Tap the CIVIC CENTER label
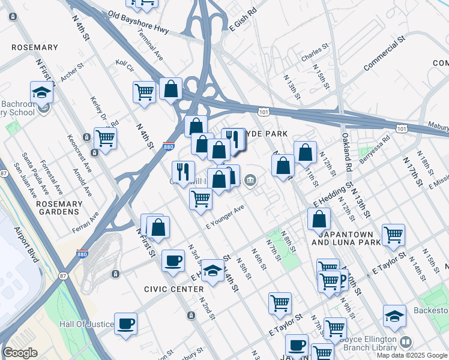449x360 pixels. click(173, 289)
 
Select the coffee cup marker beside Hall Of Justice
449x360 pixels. click(125, 323)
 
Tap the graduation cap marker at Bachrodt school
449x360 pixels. click(41, 92)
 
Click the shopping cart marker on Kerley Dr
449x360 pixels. click(105, 137)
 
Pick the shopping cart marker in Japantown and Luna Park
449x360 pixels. click(393, 234)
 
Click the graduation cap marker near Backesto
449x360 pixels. click(394, 316)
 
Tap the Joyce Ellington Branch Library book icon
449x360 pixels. click(406, 341)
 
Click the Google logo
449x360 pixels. click(20, 353)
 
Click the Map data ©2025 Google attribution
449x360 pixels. click(412, 355)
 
